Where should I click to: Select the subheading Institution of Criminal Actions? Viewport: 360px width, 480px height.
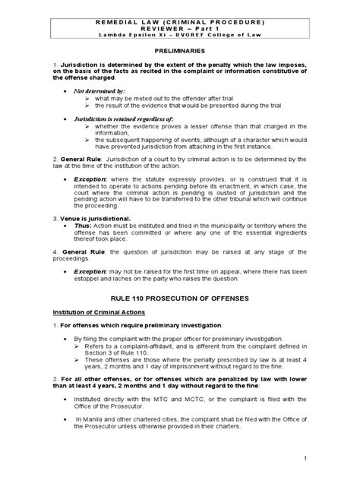[x=90, y=311]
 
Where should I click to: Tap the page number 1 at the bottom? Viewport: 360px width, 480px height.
[x=346, y=458]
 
